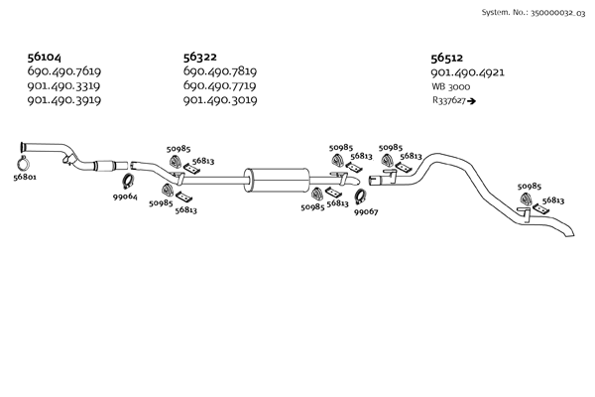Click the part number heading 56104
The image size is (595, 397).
46,58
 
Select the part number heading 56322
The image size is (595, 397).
201,58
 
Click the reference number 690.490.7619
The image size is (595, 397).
64,71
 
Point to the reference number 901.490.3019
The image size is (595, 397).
220,100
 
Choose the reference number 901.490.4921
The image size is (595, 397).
468,72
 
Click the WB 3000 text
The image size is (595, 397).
451,87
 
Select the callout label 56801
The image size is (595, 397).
26,179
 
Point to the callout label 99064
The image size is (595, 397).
124,196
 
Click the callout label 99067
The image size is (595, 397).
366,211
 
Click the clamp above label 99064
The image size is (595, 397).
128,181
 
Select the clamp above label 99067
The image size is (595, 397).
363,196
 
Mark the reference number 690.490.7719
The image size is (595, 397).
220,86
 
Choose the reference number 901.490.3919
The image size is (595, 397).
64,100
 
